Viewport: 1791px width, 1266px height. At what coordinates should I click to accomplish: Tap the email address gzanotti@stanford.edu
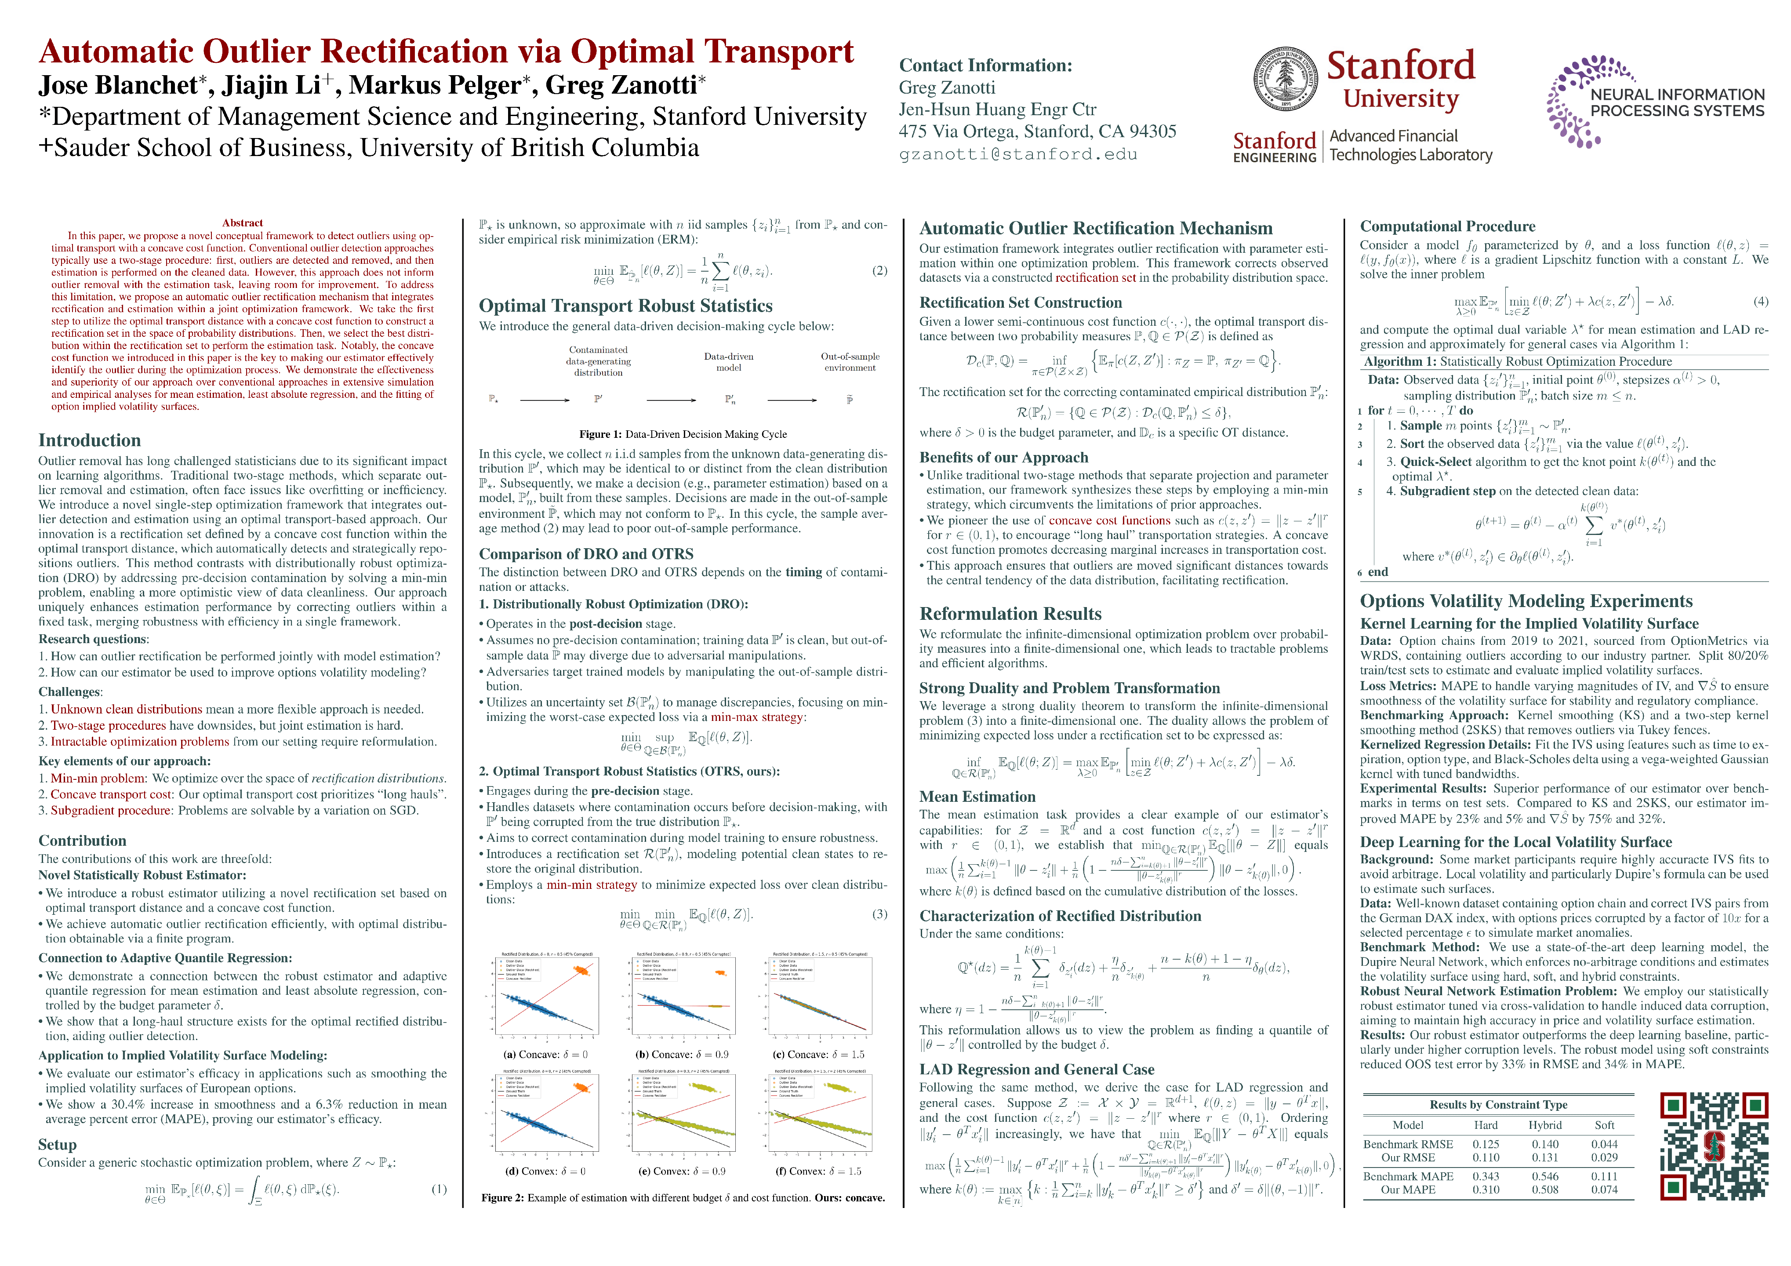tap(1018, 154)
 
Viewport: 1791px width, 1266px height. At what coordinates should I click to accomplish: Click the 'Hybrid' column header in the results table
tap(1544, 1125)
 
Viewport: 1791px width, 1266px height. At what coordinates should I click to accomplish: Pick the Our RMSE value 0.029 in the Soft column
tap(1604, 1157)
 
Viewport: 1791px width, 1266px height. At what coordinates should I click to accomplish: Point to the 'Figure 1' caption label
tap(600, 434)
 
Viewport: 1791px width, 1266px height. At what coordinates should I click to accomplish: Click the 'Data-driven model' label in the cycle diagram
tap(729, 362)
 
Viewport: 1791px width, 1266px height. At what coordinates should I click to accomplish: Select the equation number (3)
tap(879, 913)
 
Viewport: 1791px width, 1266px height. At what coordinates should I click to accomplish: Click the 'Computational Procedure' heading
tap(1447, 226)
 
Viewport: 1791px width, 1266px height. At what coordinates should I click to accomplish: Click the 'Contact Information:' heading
tap(985, 65)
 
